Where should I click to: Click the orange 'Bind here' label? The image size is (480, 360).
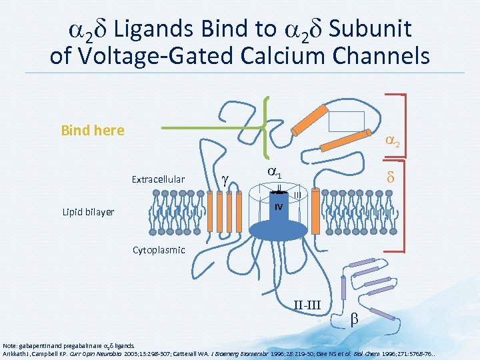coord(92,130)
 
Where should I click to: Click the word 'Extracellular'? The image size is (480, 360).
coord(158,179)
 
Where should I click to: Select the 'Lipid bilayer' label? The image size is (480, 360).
coord(85,212)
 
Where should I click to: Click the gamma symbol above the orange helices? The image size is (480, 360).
coord(225,178)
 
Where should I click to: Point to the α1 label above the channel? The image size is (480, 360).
coord(274,171)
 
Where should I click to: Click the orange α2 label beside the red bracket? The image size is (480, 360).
coord(393,141)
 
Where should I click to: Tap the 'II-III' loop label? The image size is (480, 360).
coord(307,305)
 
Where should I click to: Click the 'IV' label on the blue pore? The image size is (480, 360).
coord(279,207)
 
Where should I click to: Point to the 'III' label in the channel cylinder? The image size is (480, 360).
coord(297,195)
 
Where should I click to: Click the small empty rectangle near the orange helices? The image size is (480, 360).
coord(347,121)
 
